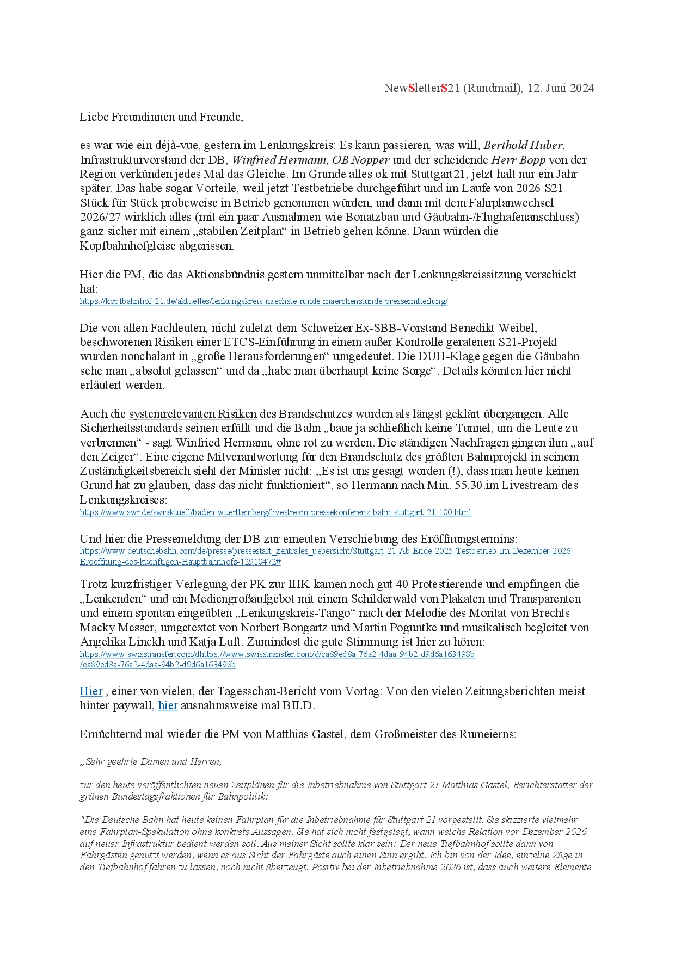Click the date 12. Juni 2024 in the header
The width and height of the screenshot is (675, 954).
click(x=560, y=88)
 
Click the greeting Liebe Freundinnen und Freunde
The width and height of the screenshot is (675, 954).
click(x=161, y=116)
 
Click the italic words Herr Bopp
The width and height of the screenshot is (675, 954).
click(x=518, y=160)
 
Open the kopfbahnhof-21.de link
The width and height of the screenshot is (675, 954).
click(x=263, y=301)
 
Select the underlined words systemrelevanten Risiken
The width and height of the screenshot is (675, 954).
click(x=192, y=414)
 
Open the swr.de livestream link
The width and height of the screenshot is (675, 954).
click(x=275, y=512)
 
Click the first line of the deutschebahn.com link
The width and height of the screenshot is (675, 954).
click(x=327, y=551)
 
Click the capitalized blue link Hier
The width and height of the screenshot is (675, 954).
click(x=91, y=691)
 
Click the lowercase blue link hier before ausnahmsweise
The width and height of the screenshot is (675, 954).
click(x=168, y=706)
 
